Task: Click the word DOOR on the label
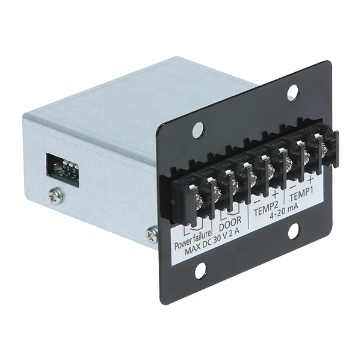click(x=230, y=223)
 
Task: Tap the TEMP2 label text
click(x=266, y=209)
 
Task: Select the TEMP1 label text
click(x=302, y=194)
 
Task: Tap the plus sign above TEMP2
click(x=275, y=195)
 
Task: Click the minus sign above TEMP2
click(x=257, y=202)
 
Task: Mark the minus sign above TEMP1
click(x=293, y=187)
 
